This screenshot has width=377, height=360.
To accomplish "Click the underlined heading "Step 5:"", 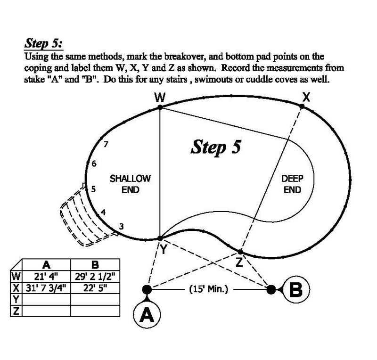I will tap(43, 43).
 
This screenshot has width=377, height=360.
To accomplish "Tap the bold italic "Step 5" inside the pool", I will tap(215, 147).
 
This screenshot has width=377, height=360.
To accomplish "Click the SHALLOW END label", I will tap(130, 184).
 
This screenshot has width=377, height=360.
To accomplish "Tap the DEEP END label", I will tap(292, 184).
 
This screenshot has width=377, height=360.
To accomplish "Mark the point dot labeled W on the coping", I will tap(160, 107).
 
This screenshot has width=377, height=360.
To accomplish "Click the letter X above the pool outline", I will tap(306, 98).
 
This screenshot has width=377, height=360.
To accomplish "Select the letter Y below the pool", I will tap(163, 250).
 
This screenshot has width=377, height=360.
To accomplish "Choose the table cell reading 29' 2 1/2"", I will tap(93, 276).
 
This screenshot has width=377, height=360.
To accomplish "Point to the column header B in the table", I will tap(93, 265).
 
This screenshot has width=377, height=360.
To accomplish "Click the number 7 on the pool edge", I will tap(106, 144).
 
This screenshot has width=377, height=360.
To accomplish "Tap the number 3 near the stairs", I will tap(121, 227).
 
